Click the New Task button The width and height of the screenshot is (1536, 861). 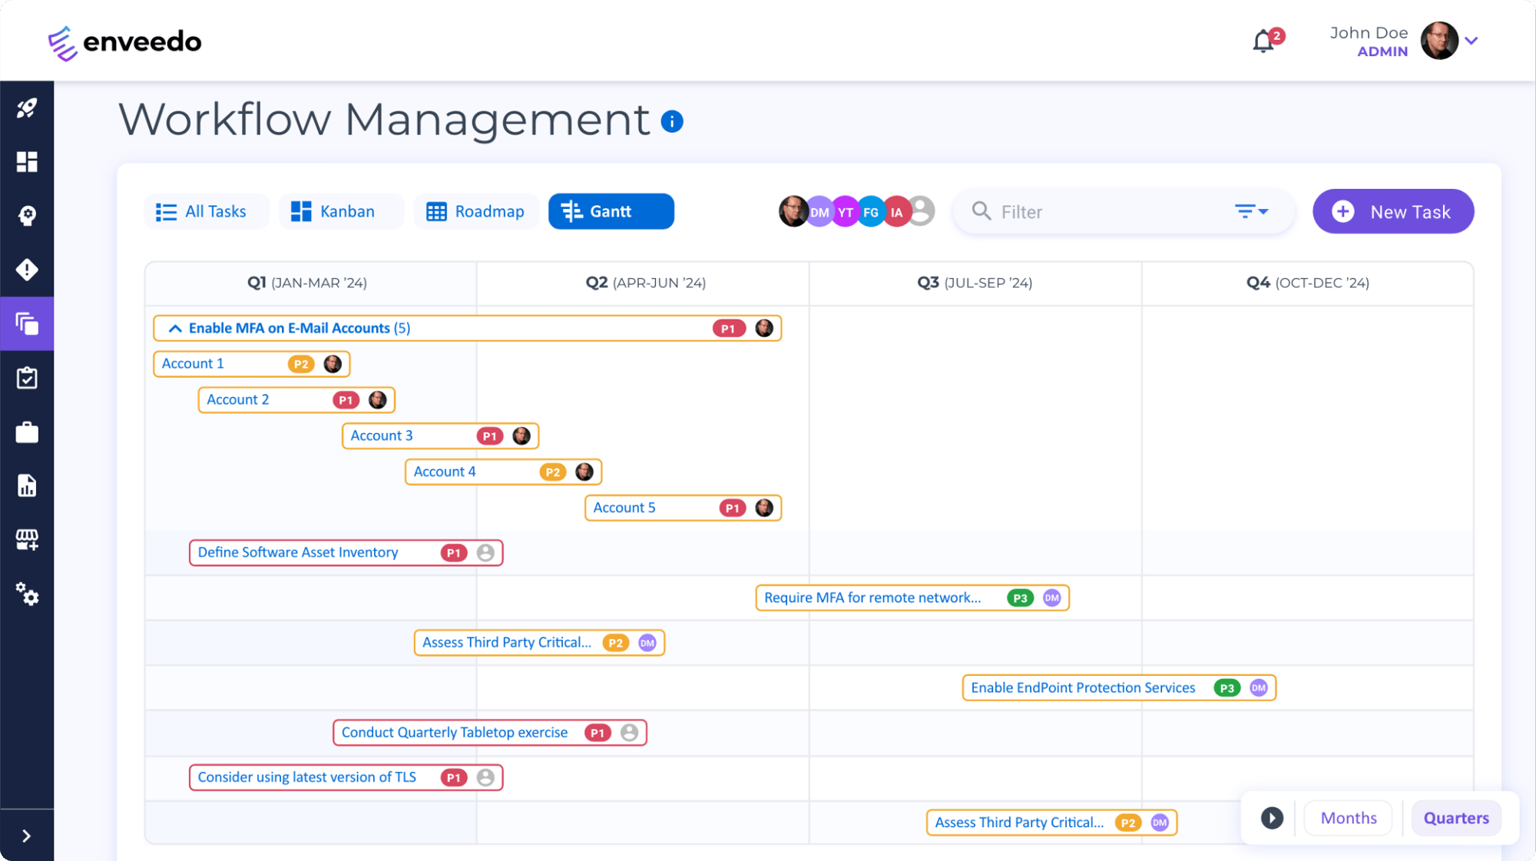1392,211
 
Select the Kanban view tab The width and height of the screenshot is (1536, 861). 333,211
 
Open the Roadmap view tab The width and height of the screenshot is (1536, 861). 475,211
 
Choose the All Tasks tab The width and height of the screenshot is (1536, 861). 201,211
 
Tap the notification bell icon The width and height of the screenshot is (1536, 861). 1263,41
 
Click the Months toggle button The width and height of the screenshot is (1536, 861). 1348,818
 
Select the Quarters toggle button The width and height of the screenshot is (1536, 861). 1455,818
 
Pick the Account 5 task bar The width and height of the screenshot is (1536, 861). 653,508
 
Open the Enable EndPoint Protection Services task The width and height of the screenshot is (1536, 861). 1083,687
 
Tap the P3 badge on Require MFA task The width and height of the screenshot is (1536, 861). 1020,598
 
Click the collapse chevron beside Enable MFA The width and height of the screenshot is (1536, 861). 175,328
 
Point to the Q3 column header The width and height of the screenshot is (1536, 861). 975,283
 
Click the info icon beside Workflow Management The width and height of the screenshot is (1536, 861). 672,121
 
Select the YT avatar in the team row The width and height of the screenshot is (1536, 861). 845,212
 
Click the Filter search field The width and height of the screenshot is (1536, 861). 1106,211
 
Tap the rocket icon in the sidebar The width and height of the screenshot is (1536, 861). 27,108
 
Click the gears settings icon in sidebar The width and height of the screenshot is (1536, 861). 27,594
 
